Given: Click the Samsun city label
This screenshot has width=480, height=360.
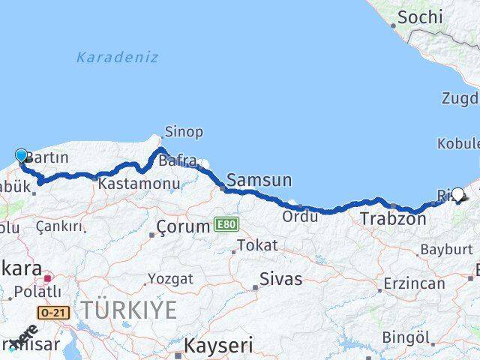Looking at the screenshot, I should [259, 179].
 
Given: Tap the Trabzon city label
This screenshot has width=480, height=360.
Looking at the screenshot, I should [394, 220].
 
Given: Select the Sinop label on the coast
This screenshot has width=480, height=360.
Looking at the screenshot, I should [184, 132].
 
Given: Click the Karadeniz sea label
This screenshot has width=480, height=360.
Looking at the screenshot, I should [117, 56].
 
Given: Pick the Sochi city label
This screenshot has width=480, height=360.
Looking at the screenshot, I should [420, 16].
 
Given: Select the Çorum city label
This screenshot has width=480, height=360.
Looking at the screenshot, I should [184, 226].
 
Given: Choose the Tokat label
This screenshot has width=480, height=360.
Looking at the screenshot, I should [258, 245].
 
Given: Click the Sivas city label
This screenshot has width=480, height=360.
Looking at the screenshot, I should [281, 279].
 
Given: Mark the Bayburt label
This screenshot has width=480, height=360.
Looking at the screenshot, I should [446, 249].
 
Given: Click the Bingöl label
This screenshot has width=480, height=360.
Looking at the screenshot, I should [406, 337].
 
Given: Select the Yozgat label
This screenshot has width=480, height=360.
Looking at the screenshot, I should [169, 279].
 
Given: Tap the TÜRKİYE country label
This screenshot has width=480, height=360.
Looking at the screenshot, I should [130, 309].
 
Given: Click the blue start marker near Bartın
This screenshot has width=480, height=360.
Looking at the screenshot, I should [21, 156].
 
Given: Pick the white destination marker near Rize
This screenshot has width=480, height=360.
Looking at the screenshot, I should [458, 194].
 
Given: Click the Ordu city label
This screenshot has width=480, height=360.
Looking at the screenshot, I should [300, 216].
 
